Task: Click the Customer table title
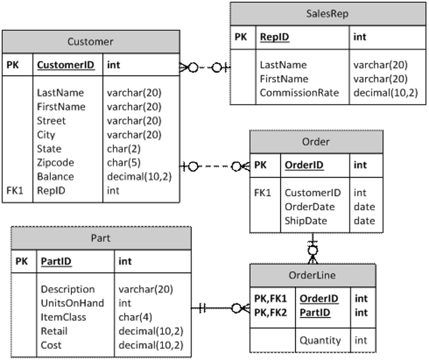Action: pyautogui.click(x=90, y=41)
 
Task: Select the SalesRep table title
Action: pyautogui.click(x=327, y=14)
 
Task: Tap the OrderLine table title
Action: pyautogui.click(x=312, y=275)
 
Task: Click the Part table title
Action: pyautogui.click(x=101, y=238)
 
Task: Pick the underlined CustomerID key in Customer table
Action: pyautogui.click(x=66, y=65)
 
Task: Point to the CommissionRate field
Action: pyautogui.click(x=299, y=93)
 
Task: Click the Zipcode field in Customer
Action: pyautogui.click(x=55, y=163)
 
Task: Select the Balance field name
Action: pyautogui.click(x=55, y=176)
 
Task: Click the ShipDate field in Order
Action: pyautogui.click(x=306, y=220)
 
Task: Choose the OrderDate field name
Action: pyautogui.click(x=310, y=207)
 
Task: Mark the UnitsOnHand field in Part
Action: pyautogui.click(x=72, y=303)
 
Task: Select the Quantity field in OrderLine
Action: pyautogui.click(x=320, y=340)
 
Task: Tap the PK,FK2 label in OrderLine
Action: pyautogui.click(x=271, y=313)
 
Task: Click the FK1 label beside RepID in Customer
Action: pyautogui.click(x=15, y=191)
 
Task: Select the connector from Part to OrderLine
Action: pyautogui.click(x=220, y=308)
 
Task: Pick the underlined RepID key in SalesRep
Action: pyautogui.click(x=274, y=37)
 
